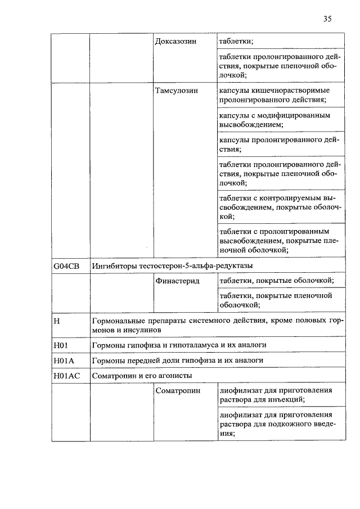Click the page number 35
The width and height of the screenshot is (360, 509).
(327, 19)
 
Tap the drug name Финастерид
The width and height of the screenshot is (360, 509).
(177, 280)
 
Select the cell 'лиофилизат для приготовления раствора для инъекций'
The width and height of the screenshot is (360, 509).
(276, 395)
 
